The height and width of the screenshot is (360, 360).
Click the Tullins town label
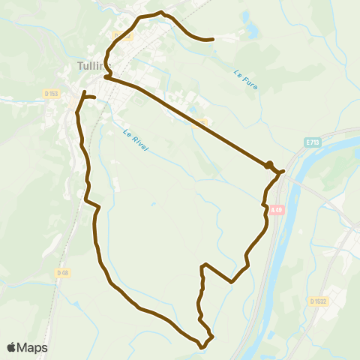tap(90, 65)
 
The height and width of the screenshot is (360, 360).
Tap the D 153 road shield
tap(51, 94)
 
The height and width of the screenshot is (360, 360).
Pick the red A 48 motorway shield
tap(278, 209)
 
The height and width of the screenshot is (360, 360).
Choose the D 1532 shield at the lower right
tap(319, 301)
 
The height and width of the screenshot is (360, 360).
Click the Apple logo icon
tap(11, 347)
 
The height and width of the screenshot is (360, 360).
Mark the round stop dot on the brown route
tap(268, 164)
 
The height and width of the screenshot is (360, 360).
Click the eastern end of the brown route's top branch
tap(214, 39)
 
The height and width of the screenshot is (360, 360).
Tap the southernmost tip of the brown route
tap(201, 347)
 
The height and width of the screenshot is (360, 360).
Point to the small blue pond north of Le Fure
tap(250, 31)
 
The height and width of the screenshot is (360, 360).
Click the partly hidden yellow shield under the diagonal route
tap(200, 122)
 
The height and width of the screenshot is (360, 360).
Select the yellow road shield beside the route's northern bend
tap(122, 34)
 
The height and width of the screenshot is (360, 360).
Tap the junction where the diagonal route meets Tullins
tap(106, 76)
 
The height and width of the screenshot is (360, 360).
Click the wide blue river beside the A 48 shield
tap(280, 232)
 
